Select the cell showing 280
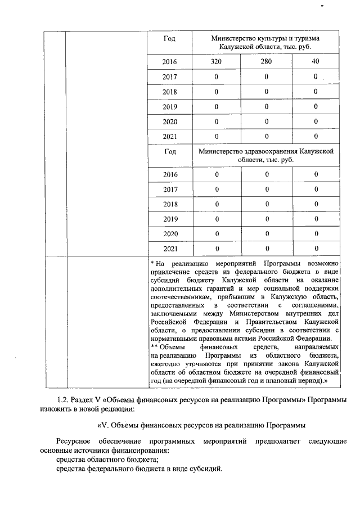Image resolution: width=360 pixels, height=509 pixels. (x=267, y=61)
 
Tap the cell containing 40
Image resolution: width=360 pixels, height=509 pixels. (x=315, y=61)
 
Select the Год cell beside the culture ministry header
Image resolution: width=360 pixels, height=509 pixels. (x=169, y=39)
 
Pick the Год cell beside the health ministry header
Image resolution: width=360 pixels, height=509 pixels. (x=169, y=152)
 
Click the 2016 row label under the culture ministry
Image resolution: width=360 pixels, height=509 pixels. (x=169, y=61)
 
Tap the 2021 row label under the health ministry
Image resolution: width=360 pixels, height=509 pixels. (x=169, y=248)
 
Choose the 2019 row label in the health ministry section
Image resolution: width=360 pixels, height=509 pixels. (x=169, y=219)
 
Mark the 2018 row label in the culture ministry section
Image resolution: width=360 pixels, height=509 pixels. (x=169, y=91)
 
